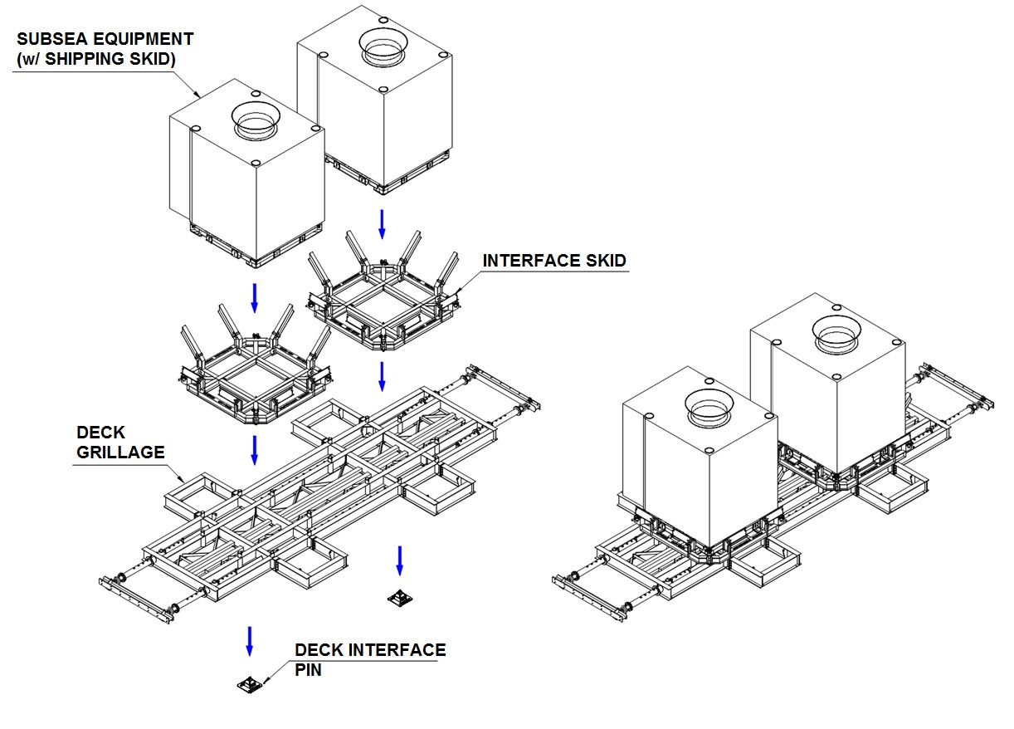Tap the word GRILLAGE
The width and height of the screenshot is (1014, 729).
(120, 453)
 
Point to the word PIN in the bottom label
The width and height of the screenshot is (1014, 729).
(309, 669)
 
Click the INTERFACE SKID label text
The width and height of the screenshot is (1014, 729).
(554, 261)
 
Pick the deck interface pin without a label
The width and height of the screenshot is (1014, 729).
(400, 597)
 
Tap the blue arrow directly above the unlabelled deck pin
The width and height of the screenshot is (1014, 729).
(400, 560)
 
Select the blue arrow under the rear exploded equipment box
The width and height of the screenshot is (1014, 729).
(382, 223)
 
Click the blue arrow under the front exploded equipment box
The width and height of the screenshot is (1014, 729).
(255, 297)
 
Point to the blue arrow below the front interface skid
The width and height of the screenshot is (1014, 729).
(255, 448)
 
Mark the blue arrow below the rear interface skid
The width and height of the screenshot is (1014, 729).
(382, 375)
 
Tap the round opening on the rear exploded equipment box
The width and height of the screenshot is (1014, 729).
(383, 46)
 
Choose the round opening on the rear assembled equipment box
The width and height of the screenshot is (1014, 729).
(836, 332)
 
